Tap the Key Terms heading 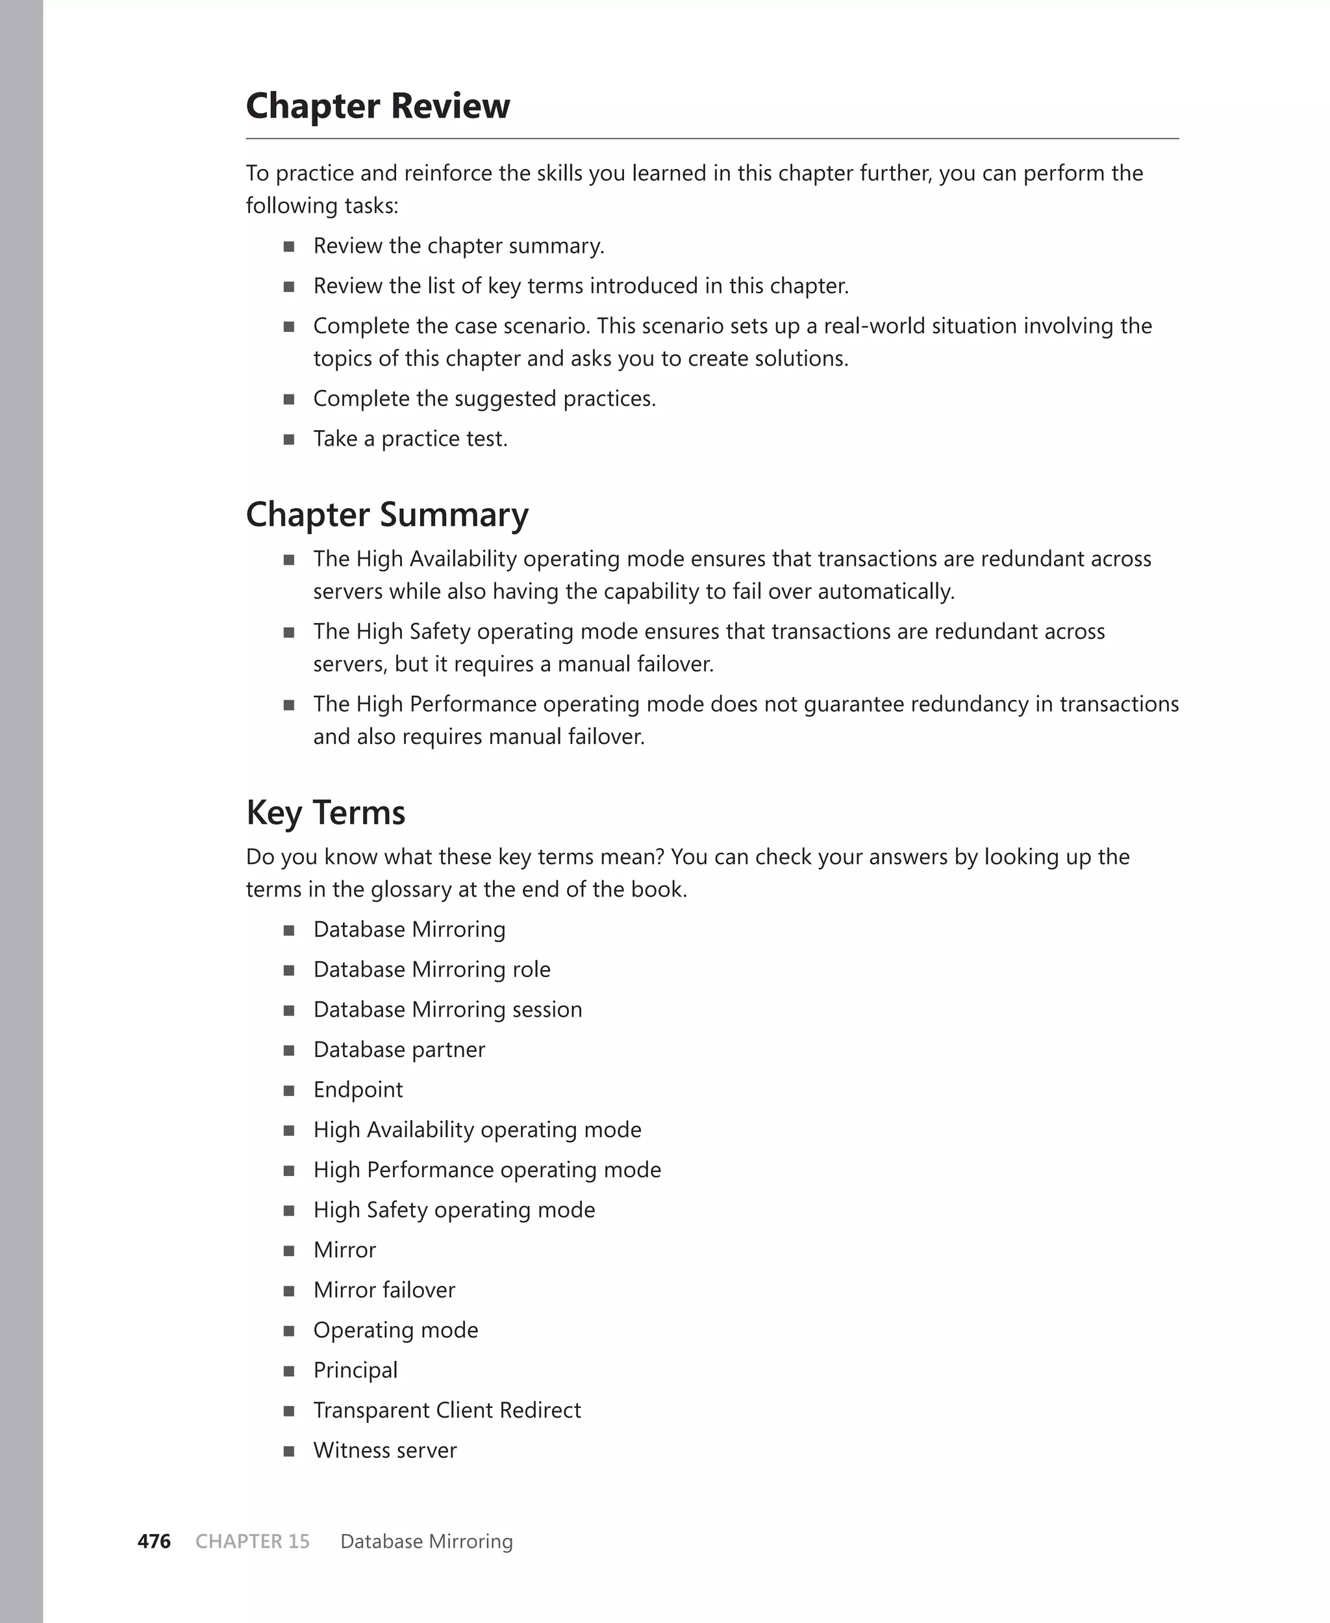[325, 813]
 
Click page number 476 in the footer [154, 1541]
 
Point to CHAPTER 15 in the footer [252, 1541]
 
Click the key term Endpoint [358, 1090]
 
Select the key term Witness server [384, 1450]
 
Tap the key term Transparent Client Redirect [447, 1410]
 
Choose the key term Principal [355, 1370]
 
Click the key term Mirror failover [384, 1290]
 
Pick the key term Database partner [399, 1050]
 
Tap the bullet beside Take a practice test [289, 440]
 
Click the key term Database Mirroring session [447, 1009]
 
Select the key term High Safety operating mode [453, 1210]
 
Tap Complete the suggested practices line [484, 399]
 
